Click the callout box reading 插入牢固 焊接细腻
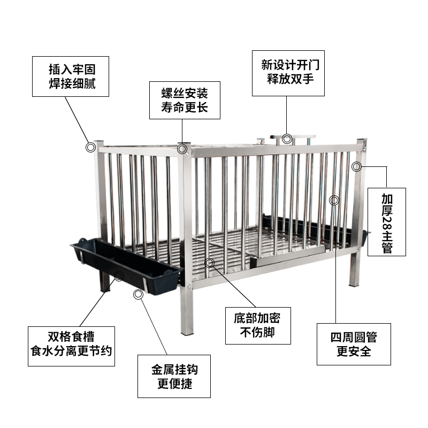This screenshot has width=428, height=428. pyautogui.click(x=71, y=77)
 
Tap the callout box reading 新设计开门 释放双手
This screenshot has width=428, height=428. pyautogui.click(x=288, y=73)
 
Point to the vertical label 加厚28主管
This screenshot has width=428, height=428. pyautogui.click(x=386, y=221)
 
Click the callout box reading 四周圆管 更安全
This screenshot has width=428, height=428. pyautogui.click(x=354, y=344)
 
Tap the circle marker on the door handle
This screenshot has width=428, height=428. pyautogui.click(x=287, y=139)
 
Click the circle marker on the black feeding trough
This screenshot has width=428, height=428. pyautogui.click(x=119, y=276)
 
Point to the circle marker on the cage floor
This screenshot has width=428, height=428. pyautogui.click(x=210, y=263)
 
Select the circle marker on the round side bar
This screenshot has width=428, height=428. pyautogui.click(x=334, y=200)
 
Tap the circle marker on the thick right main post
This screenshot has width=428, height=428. pyautogui.click(x=357, y=166)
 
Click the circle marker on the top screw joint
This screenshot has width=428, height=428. pyautogui.click(x=183, y=149)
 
